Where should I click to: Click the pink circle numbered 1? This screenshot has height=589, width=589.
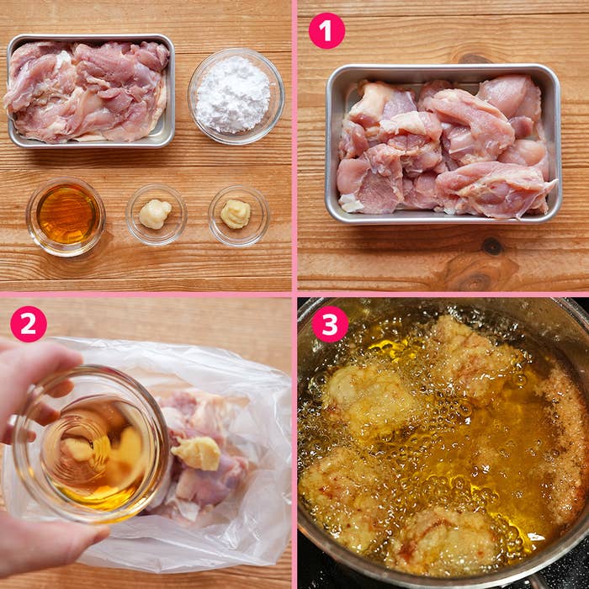[326, 30]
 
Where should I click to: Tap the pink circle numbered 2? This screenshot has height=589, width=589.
[29, 324]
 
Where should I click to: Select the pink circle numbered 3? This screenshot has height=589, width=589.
[330, 324]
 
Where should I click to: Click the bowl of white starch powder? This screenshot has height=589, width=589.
[236, 96]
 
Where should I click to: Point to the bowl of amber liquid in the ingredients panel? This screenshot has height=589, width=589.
[66, 217]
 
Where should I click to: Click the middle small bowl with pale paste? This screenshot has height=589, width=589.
[157, 215]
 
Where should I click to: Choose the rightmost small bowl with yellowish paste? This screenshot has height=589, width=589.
[239, 215]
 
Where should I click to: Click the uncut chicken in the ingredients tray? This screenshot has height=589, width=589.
[87, 90]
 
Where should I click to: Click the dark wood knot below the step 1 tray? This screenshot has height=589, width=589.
[491, 246]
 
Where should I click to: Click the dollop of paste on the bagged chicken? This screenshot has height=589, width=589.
[196, 453]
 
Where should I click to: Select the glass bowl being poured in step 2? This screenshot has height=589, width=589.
[90, 444]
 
